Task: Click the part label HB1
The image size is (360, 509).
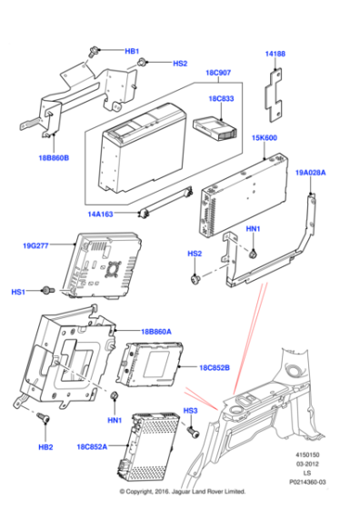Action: coord(132,51)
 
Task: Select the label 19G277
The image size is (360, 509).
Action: coord(35,245)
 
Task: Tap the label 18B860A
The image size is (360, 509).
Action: coord(156,333)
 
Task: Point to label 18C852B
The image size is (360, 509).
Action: coord(215,367)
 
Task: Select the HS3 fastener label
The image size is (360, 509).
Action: coord(191,412)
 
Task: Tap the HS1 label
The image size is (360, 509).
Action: coord(18,292)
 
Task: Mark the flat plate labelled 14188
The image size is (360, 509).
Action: coord(276,90)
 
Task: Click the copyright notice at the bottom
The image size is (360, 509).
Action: coord(179,501)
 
